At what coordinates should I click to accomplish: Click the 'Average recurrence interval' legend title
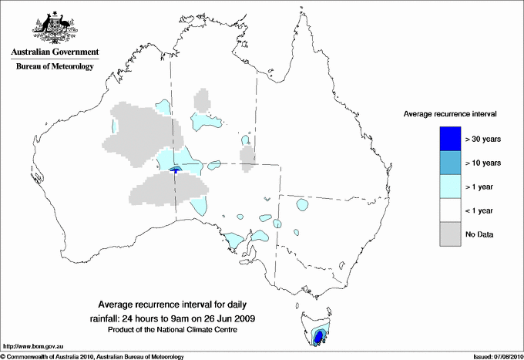tap(450, 114)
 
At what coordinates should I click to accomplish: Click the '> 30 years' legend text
tap(484, 139)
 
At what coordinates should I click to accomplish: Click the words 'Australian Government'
tap(55, 52)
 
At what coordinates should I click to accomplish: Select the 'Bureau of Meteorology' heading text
tap(55, 66)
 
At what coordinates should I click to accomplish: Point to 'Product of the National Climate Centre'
tap(170, 330)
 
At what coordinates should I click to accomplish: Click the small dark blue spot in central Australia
tap(176, 170)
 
